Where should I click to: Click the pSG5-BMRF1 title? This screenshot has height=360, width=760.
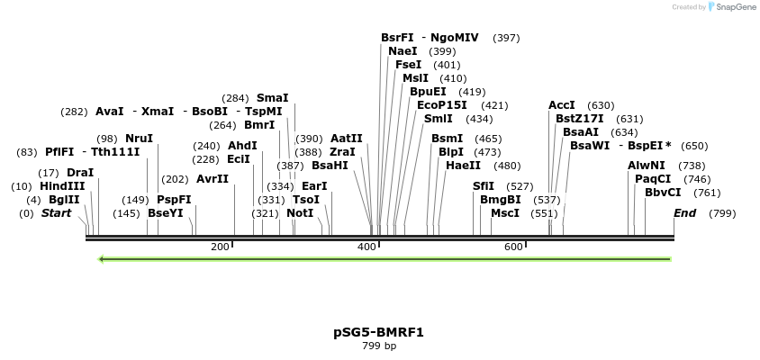pyautogui.click(x=378, y=332)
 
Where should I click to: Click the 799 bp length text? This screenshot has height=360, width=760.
pyautogui.click(x=378, y=346)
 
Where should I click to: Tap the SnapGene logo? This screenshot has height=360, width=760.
pyautogui.click(x=731, y=7)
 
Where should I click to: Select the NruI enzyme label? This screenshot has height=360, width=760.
pyautogui.click(x=139, y=139)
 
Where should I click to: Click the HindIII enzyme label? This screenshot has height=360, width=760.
pyautogui.click(x=62, y=186)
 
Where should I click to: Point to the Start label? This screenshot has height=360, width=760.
pyautogui.click(x=56, y=213)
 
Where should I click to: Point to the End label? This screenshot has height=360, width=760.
pyautogui.click(x=684, y=213)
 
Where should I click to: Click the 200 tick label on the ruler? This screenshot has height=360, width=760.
pyautogui.click(x=220, y=247)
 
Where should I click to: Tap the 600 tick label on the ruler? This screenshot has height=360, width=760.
pyautogui.click(x=513, y=247)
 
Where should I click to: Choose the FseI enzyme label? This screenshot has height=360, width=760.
pyautogui.click(x=408, y=65)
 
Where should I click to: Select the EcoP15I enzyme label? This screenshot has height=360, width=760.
pyautogui.click(x=441, y=105)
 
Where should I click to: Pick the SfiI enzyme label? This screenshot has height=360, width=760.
pyautogui.click(x=484, y=186)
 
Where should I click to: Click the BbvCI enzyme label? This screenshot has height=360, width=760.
pyautogui.click(x=663, y=193)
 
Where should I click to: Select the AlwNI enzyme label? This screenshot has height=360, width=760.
pyautogui.click(x=647, y=166)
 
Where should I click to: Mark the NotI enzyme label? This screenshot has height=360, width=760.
pyautogui.click(x=300, y=213)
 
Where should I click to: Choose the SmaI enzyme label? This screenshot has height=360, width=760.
pyautogui.click(x=273, y=98)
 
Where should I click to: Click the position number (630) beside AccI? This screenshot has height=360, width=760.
pyautogui.click(x=601, y=105)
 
